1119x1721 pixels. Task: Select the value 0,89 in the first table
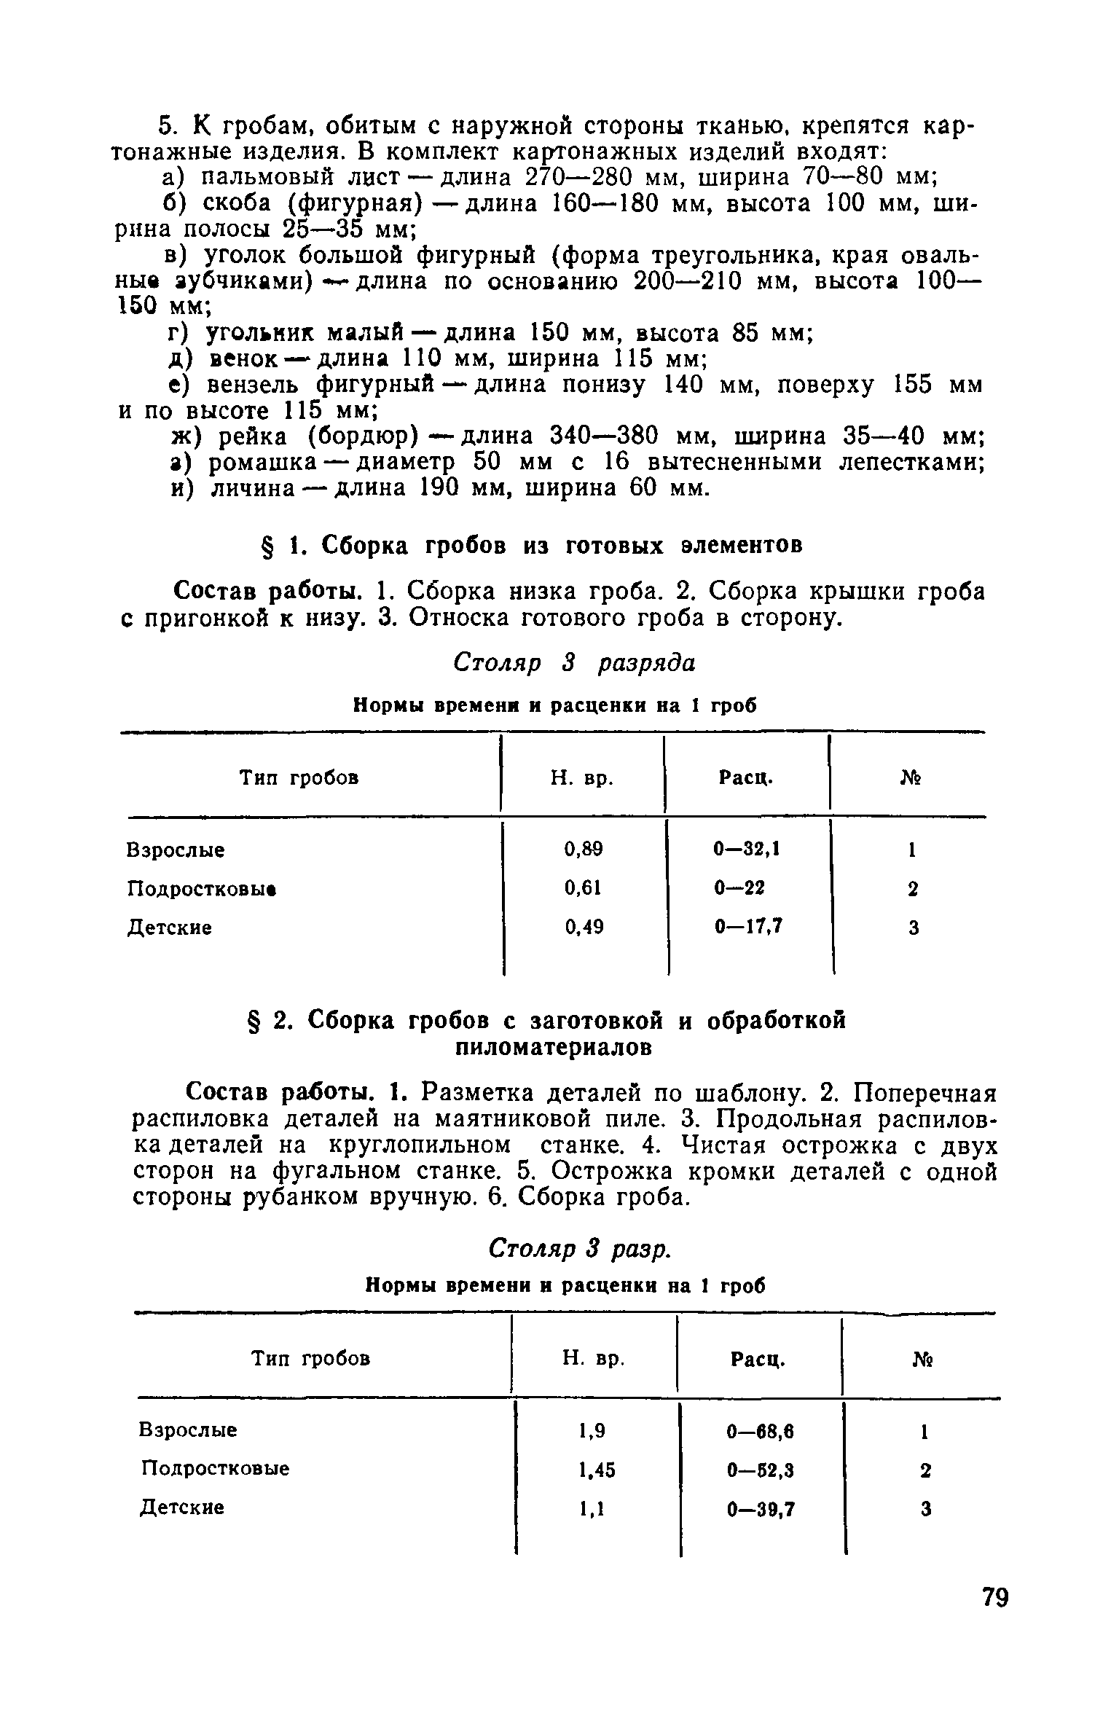click(x=584, y=849)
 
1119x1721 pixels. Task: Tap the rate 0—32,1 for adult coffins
click(x=747, y=849)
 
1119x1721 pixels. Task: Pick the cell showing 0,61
click(x=584, y=888)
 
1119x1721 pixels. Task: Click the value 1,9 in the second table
click(x=592, y=1431)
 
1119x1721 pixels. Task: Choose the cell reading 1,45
click(x=596, y=1470)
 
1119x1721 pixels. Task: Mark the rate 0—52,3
click(x=760, y=1470)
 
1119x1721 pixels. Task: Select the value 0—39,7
click(x=760, y=1510)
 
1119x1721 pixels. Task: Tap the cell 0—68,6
click(x=760, y=1432)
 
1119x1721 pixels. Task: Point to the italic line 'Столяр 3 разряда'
click(x=575, y=662)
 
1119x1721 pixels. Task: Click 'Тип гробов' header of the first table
click(x=299, y=778)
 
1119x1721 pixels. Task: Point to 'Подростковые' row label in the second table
click(x=215, y=1469)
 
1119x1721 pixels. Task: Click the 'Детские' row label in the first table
click(x=170, y=928)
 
